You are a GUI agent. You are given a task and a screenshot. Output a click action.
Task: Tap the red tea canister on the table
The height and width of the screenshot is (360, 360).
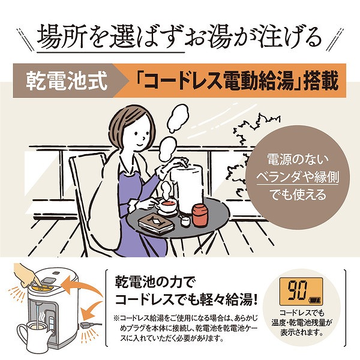pyautogui.click(x=199, y=215)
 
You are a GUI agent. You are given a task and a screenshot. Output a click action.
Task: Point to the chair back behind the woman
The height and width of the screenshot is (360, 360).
pyautogui.click(x=84, y=174)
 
